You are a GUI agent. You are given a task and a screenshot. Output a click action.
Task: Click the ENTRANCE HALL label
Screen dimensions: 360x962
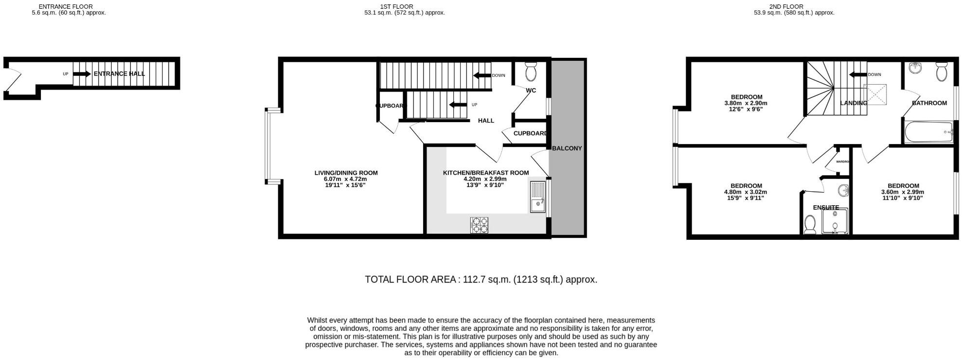tap(119, 74)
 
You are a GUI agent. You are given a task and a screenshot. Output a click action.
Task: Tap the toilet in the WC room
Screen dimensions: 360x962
tap(531, 72)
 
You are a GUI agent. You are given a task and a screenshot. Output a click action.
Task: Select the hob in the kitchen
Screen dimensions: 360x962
tap(479, 225)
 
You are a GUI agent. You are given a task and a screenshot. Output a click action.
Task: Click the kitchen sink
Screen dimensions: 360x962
tap(537, 197)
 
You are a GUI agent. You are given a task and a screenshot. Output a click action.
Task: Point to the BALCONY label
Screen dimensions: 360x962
tap(567, 148)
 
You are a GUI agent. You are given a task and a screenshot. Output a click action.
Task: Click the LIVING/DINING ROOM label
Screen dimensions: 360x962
tap(346, 173)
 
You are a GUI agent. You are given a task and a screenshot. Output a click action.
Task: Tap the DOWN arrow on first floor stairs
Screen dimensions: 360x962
tap(482, 75)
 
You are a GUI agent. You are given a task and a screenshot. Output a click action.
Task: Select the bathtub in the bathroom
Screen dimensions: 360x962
tap(928, 132)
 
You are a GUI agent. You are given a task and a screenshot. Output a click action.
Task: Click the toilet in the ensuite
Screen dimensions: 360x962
tap(809, 225)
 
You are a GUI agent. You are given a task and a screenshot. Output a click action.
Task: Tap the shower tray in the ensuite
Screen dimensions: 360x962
tap(835, 221)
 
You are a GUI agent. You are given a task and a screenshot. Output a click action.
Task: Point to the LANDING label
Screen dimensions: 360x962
tap(854, 103)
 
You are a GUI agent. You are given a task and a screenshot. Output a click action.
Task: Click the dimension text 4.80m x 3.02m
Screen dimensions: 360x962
tap(746, 192)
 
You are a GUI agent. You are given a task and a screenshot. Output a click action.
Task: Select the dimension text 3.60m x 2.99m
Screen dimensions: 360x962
tap(903, 192)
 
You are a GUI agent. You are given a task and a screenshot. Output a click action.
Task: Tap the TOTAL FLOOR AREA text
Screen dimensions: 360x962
tap(481, 280)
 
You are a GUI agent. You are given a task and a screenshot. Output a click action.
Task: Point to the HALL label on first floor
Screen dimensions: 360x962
tap(486, 121)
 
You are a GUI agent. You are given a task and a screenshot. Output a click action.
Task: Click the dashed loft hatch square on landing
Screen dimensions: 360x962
tap(874, 94)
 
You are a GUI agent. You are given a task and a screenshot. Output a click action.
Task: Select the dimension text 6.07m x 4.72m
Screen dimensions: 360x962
tap(346, 179)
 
